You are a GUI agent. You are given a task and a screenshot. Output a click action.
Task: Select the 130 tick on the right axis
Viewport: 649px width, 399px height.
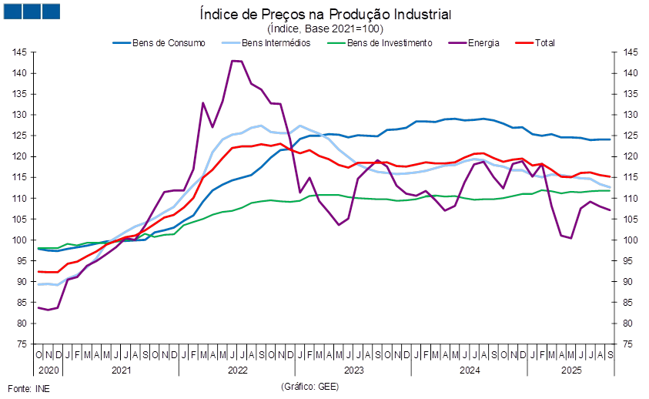click(x=630, y=115)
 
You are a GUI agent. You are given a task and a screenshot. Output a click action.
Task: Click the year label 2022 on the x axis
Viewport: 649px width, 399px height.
click(x=236, y=370)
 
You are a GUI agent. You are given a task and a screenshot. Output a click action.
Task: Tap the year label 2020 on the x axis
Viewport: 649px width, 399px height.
click(x=45, y=370)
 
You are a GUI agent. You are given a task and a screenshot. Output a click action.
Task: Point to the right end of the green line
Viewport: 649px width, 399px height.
click(x=611, y=190)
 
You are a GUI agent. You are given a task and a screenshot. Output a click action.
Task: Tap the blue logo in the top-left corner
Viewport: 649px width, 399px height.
click(x=32, y=11)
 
